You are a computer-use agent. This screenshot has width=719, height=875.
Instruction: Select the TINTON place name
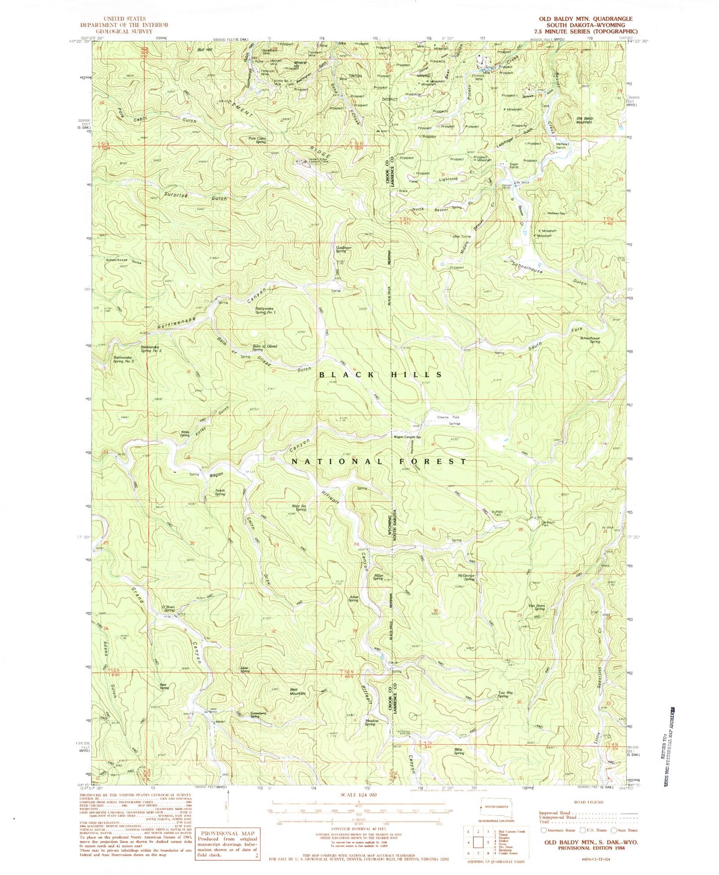[x=355, y=76]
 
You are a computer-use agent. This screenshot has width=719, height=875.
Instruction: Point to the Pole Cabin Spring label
[x=258, y=140]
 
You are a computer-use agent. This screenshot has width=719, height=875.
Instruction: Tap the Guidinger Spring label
[x=343, y=249]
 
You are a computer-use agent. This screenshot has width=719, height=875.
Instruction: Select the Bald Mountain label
[x=298, y=691]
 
